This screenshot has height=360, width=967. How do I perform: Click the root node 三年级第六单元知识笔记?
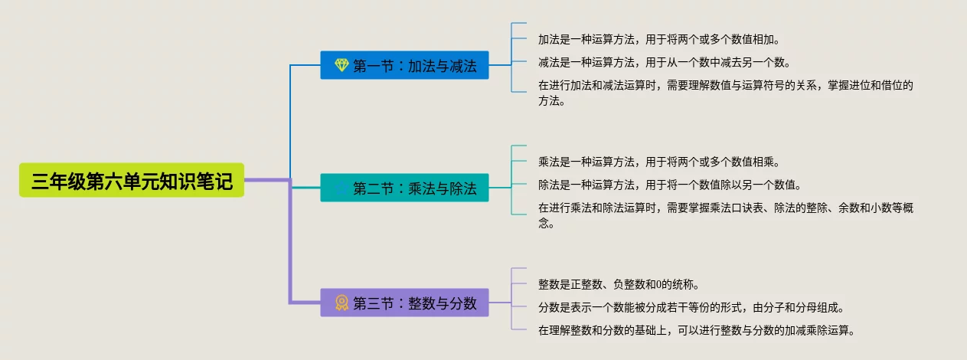(x=132, y=180)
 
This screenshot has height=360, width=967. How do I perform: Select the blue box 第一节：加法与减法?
(x=404, y=65)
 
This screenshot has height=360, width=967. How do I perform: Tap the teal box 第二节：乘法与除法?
(x=404, y=188)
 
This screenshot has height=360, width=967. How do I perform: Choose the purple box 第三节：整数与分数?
(x=404, y=303)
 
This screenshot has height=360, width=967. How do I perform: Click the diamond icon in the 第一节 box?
(x=341, y=65)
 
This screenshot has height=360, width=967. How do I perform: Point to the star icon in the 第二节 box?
(x=341, y=188)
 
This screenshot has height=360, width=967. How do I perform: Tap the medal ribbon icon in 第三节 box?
(x=341, y=303)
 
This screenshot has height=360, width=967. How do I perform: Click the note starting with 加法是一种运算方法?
(x=658, y=40)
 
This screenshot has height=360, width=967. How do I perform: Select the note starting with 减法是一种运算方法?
(x=665, y=63)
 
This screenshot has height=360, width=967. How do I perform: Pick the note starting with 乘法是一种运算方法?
(x=658, y=162)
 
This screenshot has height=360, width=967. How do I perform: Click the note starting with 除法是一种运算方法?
(x=670, y=185)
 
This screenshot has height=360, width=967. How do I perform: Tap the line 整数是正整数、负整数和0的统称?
(x=619, y=284)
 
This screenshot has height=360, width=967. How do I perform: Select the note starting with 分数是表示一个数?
(x=691, y=308)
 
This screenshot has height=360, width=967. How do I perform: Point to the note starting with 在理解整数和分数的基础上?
(x=696, y=331)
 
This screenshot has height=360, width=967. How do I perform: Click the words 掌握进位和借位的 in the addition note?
(x=871, y=86)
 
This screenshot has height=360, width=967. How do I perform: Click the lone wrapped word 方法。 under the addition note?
(x=551, y=101)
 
